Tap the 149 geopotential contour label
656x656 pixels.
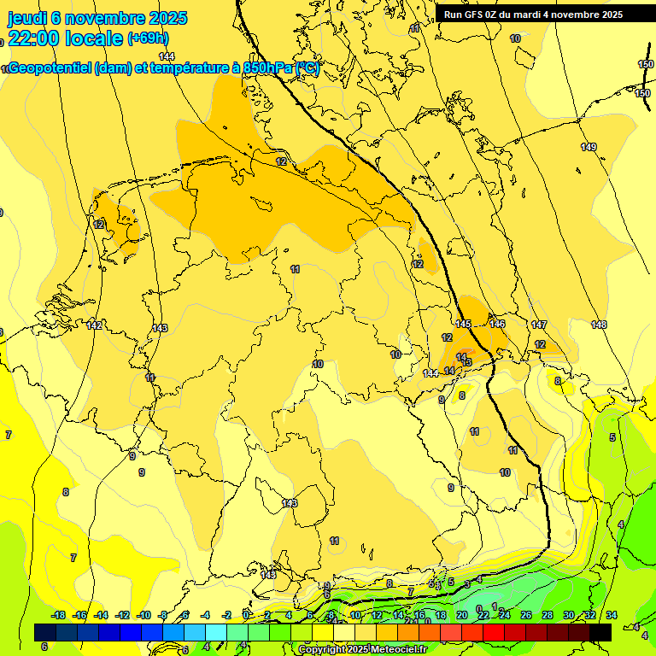[x=589, y=148]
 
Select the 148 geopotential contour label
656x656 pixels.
[x=599, y=325]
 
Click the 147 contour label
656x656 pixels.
[x=539, y=325]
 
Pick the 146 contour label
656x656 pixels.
[x=497, y=324]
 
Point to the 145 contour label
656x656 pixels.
[x=464, y=324]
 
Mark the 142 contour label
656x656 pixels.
[x=94, y=325]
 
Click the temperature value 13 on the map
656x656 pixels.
[x=466, y=363]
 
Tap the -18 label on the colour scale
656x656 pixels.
[x=58, y=615]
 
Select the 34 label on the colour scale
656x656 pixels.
[x=612, y=615]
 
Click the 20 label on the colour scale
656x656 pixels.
[x=461, y=615]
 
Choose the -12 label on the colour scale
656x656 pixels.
[x=122, y=615]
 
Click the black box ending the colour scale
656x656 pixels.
[x=600, y=632]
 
